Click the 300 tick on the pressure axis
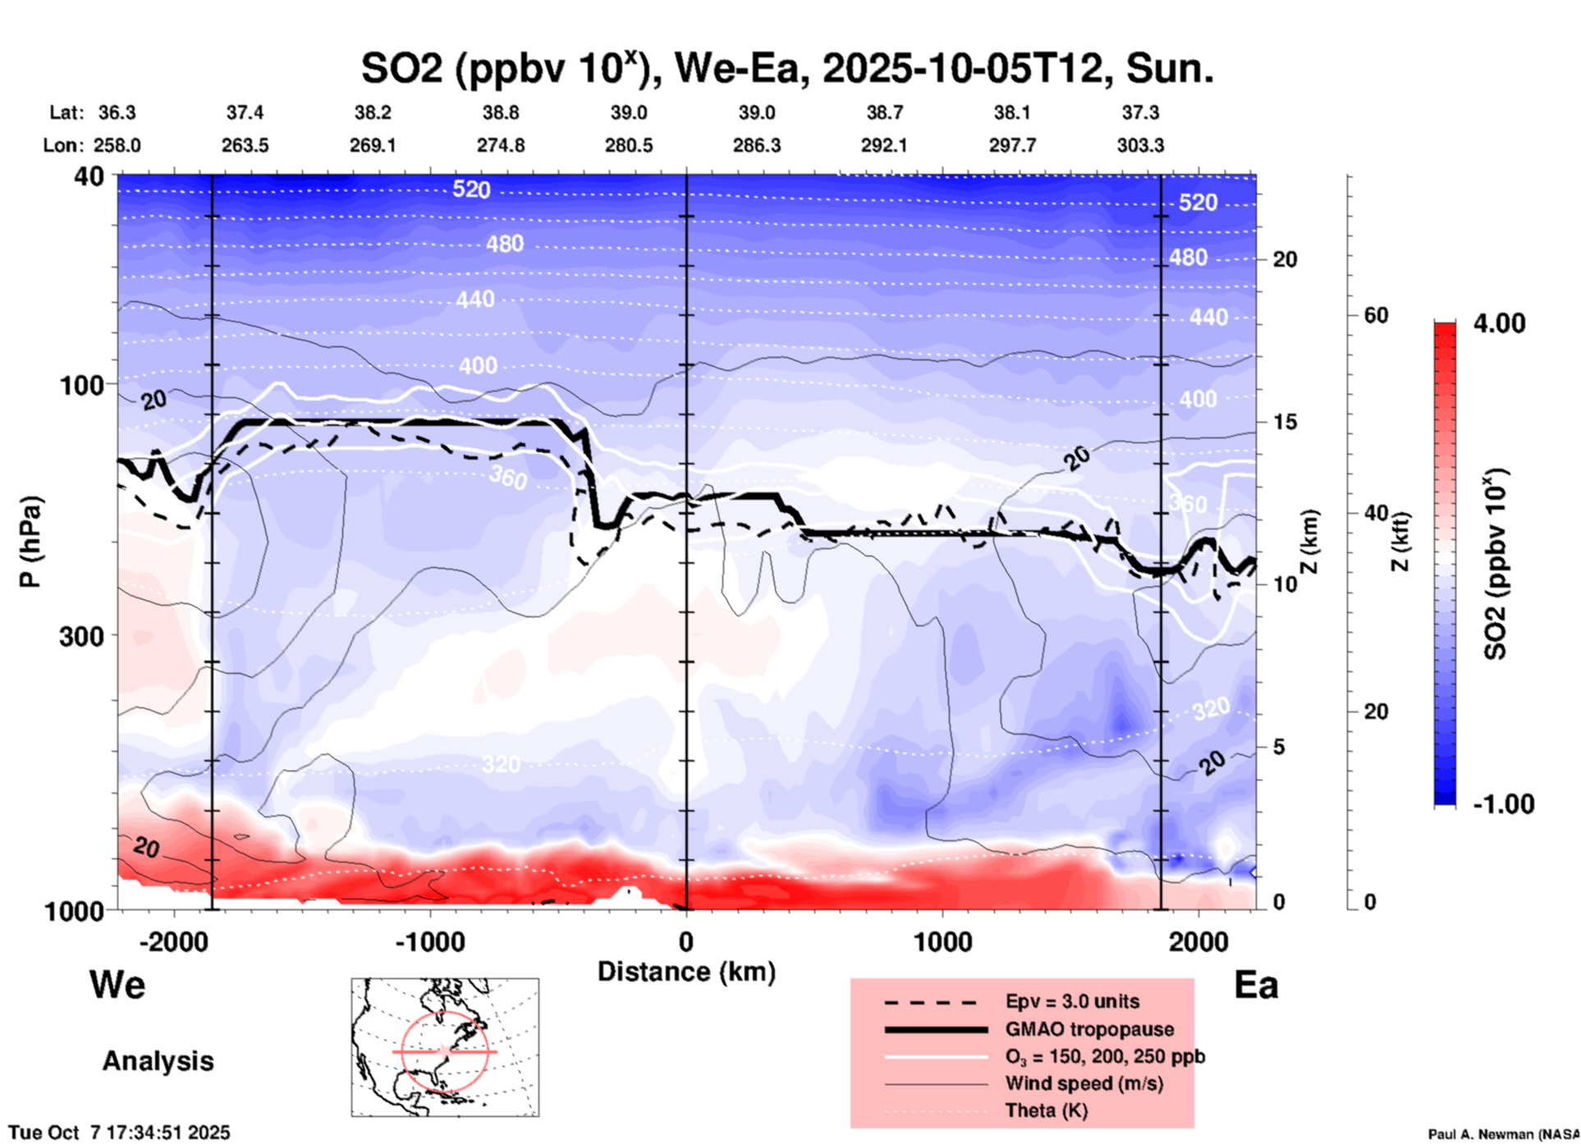81,635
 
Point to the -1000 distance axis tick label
429,941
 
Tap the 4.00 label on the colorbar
1499,323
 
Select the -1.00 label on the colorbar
1503,803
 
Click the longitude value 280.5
629,145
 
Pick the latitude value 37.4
245,112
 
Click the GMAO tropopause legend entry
1089,1029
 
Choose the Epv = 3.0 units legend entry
1072,1001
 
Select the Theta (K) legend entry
1046,1110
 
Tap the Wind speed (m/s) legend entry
1084,1083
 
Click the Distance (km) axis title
686,972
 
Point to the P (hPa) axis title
30,542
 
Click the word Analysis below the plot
158,1061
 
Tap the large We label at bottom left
117,984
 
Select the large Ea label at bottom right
1256,985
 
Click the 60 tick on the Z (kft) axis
1376,315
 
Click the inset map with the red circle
445,1046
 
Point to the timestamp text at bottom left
120,1133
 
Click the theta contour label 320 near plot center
501,765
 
